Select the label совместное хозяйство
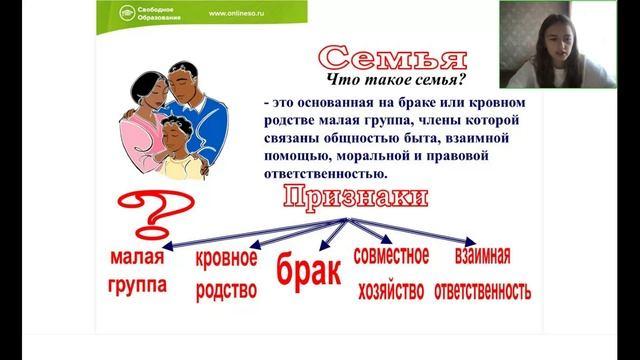tap(390, 272)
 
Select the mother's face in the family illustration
tap(147, 94)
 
